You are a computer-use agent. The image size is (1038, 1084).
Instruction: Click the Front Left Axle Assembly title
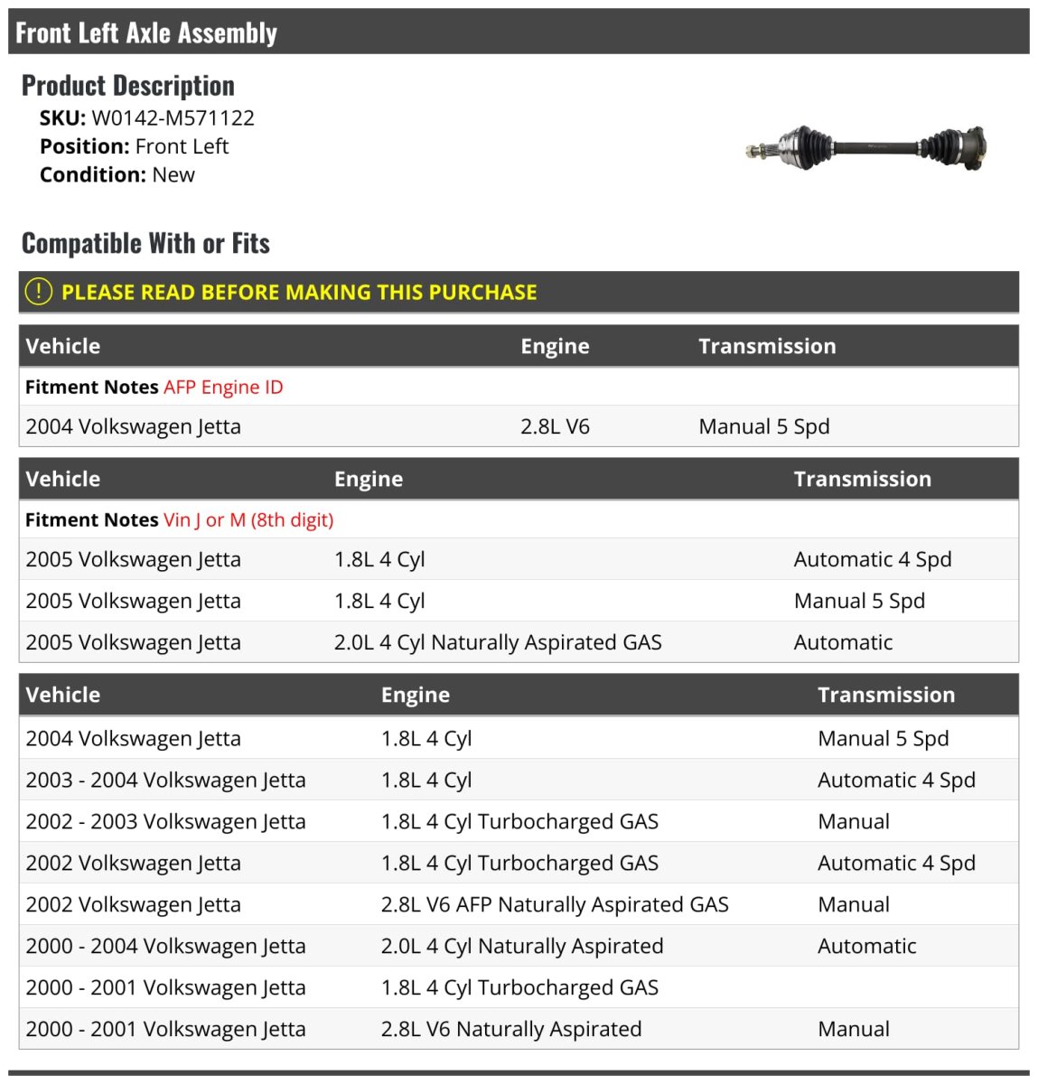(146, 33)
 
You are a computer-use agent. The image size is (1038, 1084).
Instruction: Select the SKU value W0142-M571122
(173, 118)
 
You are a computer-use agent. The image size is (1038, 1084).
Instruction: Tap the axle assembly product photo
(865, 148)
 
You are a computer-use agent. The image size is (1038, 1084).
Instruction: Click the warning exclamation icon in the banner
(39, 292)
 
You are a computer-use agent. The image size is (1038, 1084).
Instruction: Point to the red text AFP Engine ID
(223, 388)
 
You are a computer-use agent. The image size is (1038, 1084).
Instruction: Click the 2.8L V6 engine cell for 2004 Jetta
(555, 426)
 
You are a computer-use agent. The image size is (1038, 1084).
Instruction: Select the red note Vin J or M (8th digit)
(248, 520)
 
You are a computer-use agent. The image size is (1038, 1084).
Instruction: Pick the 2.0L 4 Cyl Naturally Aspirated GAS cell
(498, 642)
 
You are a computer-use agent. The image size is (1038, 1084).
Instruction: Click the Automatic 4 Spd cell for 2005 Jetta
(872, 559)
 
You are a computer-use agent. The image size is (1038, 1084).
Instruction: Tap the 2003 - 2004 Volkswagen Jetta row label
(165, 780)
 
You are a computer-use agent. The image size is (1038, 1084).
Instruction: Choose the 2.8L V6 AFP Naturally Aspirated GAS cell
(555, 904)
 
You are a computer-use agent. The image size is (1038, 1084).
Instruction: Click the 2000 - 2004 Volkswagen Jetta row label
(165, 946)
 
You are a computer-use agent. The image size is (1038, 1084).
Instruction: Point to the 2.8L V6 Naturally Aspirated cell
(511, 1029)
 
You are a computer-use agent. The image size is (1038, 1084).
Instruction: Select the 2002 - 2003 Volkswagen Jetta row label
(165, 821)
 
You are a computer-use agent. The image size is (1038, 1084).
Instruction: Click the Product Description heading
(128, 86)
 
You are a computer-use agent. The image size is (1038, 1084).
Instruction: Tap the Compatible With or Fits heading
(145, 243)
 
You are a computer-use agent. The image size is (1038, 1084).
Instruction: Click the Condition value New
(173, 175)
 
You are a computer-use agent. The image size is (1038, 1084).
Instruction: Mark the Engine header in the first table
(555, 346)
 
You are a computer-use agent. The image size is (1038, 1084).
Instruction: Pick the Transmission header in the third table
(885, 695)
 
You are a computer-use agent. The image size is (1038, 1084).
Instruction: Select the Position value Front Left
(182, 146)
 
